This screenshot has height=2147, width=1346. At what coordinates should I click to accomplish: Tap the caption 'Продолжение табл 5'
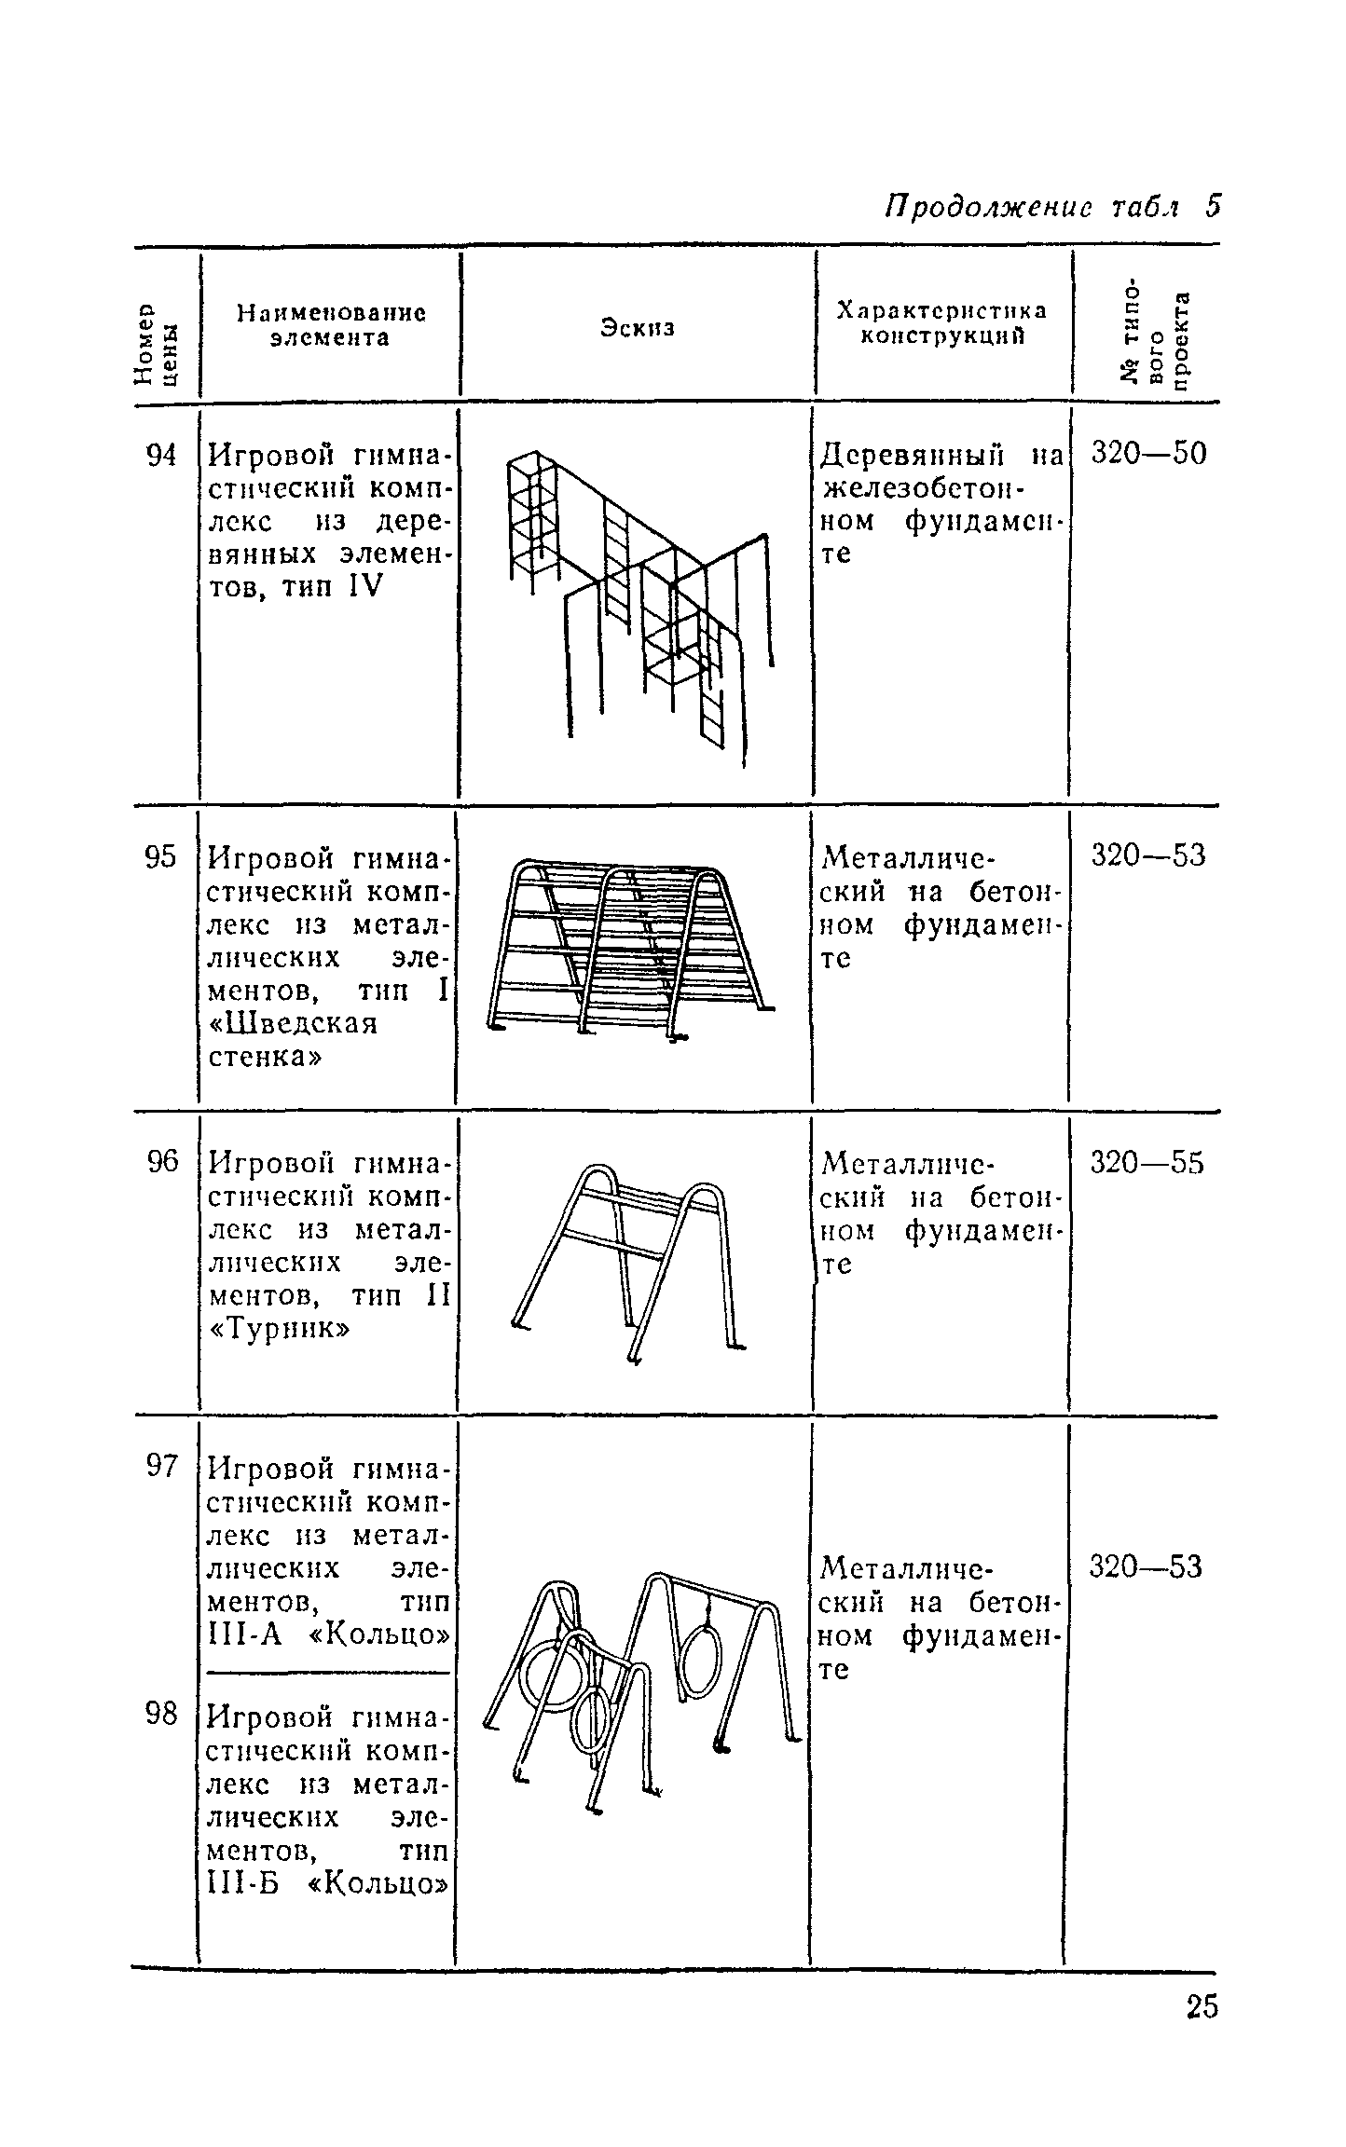click(x=1051, y=206)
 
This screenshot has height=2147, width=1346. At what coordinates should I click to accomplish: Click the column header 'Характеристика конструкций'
click(x=941, y=322)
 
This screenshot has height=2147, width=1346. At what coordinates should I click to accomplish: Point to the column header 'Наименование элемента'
click(x=330, y=324)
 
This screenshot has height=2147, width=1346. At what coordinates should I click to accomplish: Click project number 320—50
click(x=1147, y=454)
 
